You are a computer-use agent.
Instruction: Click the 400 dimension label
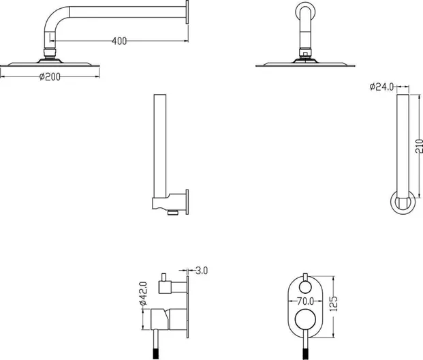coord(119,41)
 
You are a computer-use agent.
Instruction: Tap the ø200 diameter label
coord(50,76)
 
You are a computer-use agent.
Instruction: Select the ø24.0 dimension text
coord(381,87)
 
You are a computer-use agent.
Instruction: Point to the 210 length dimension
coord(419,146)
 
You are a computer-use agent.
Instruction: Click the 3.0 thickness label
coord(202,270)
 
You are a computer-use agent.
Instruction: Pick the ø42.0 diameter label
coord(143,293)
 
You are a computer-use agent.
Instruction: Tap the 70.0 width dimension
coord(305,301)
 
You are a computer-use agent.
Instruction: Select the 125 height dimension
coord(334,303)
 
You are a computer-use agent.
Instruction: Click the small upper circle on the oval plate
coord(305,287)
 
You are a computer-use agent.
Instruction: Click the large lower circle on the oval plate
coord(305,320)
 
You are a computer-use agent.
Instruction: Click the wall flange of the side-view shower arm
coord(187,12)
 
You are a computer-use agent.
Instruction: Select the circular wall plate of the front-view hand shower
coord(403,202)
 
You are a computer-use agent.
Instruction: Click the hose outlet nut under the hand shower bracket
coord(173,213)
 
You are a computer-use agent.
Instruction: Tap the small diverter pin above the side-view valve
coord(163,277)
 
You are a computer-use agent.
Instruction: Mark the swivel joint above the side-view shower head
coord(50,52)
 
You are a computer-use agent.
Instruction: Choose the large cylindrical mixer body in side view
coord(169,319)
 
